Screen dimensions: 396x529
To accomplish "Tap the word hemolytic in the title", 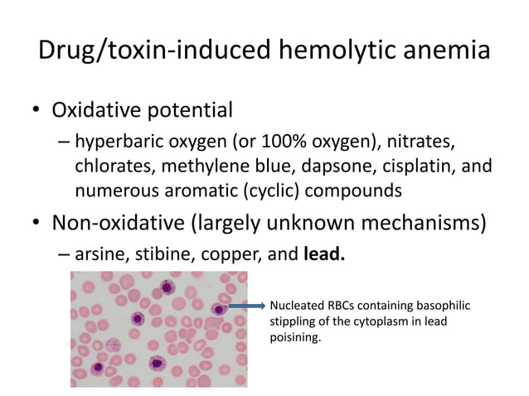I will [x=332, y=51].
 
